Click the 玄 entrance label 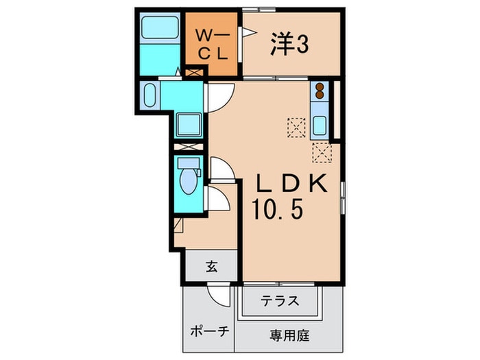(211, 267)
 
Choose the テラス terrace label (279, 300)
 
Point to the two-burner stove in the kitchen (320, 91)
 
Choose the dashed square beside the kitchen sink (296, 126)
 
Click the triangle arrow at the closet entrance (250, 32)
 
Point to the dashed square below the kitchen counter (321, 152)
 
